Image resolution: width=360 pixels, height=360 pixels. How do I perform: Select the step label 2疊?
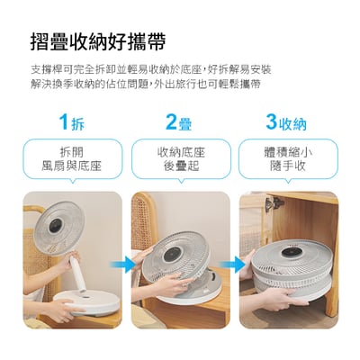(x=179, y=121)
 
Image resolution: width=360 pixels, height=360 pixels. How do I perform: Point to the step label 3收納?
(x=286, y=121)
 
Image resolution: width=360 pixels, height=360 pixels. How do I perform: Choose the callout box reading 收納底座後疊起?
(x=179, y=159)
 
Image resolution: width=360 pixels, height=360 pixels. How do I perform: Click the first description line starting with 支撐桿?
(x=150, y=68)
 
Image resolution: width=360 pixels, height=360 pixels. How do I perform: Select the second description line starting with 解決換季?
(x=145, y=83)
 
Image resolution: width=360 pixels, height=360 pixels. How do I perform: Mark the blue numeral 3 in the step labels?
(x=271, y=121)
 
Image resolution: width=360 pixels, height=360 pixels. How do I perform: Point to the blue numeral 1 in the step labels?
(x=63, y=121)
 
